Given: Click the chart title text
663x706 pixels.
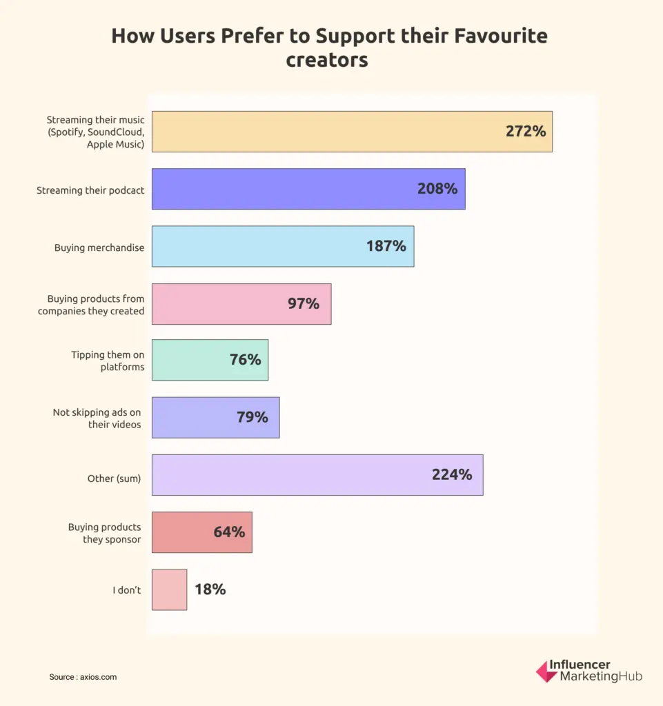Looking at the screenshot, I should pos(329,47).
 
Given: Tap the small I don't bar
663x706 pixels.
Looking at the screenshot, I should pos(169,589).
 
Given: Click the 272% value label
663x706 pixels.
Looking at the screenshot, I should pos(526,131).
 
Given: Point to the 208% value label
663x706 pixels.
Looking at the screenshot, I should pos(437,188).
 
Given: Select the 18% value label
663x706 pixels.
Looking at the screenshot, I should pos(210,589).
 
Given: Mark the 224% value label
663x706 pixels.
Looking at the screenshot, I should pos(452,475).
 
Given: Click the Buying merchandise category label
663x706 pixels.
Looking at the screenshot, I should pos(99,248).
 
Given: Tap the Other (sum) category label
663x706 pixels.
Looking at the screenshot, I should pos(114,478).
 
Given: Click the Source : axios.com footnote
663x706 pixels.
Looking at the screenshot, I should pos(83,677).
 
